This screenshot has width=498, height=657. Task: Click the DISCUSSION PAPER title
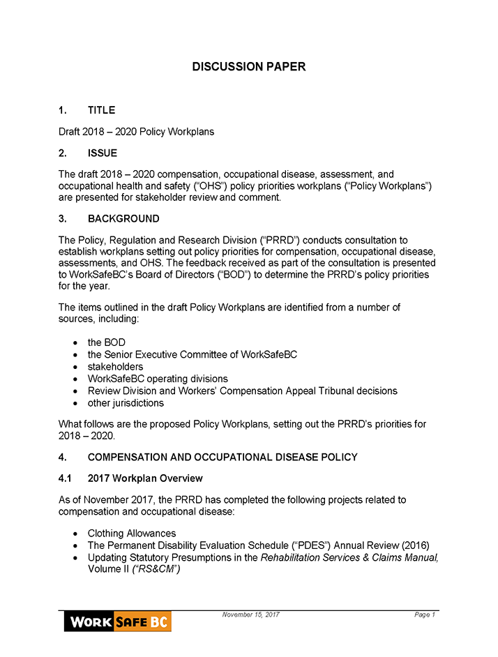(x=248, y=67)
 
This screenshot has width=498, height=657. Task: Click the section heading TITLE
(x=101, y=110)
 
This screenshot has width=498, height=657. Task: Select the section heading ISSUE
(x=103, y=153)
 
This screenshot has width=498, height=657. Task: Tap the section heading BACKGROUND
(x=123, y=219)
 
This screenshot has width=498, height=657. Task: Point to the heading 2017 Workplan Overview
(x=145, y=478)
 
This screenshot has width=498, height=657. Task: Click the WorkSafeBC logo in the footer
(x=117, y=621)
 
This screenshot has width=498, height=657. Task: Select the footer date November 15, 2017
(x=251, y=614)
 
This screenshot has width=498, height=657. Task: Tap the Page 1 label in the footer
(x=424, y=614)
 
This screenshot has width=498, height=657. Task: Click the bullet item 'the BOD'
(x=106, y=342)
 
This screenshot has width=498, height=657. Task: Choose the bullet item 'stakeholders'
(x=115, y=367)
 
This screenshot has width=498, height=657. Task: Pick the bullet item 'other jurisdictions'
(x=126, y=403)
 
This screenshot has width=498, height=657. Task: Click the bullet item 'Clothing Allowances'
(x=132, y=534)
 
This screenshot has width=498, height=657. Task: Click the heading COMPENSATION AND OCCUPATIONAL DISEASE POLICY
(x=222, y=458)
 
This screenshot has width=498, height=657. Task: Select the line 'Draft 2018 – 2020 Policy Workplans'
(x=136, y=132)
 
